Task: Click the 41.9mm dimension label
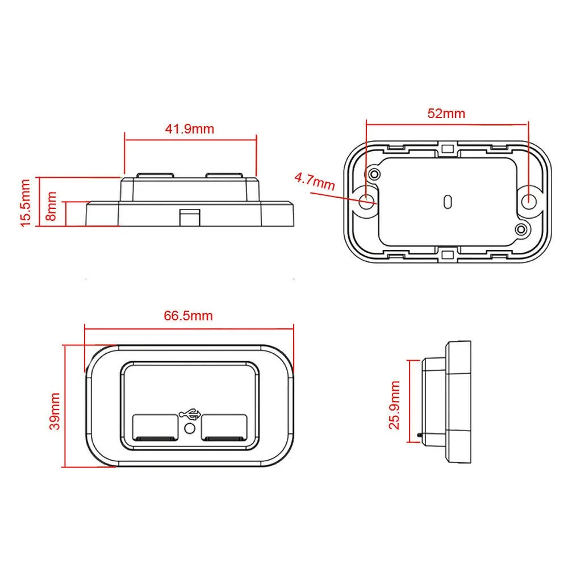(190, 129)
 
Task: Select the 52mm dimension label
(446, 114)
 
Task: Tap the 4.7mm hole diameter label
(315, 182)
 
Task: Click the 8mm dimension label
(52, 206)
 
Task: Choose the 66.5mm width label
(189, 315)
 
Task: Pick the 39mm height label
(55, 410)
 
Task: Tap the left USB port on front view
(155, 428)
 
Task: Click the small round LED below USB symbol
(190, 430)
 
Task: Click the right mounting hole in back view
(528, 199)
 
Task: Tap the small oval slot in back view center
(448, 201)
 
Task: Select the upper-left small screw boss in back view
(374, 173)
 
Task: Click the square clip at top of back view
(448, 149)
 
